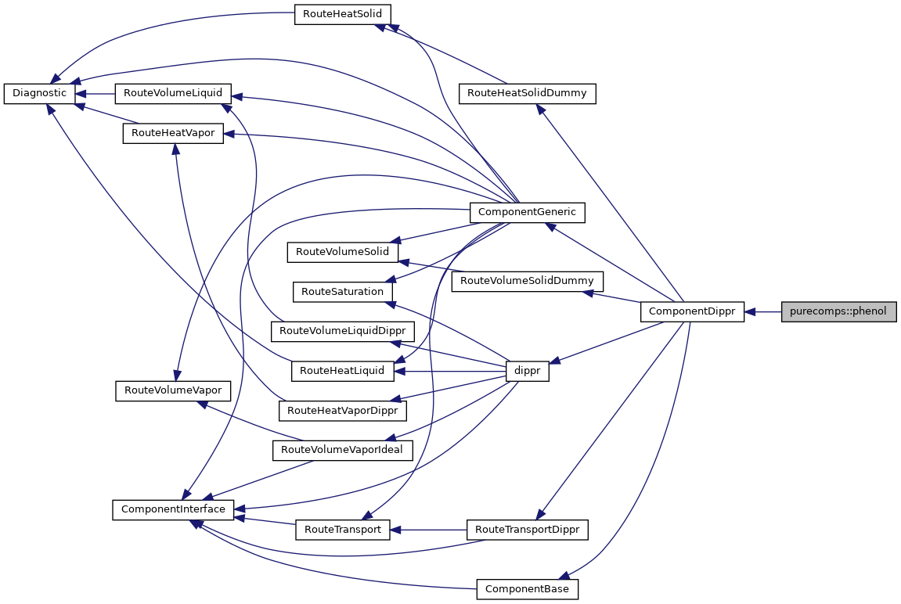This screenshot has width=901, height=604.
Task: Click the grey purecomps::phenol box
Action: point(838,311)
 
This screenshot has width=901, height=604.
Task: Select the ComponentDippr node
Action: point(692,311)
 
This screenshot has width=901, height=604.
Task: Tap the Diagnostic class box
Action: point(39,93)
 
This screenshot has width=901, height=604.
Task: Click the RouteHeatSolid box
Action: point(342,15)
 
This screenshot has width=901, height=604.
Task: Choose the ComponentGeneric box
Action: point(526,211)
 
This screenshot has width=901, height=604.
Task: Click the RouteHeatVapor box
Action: point(173,133)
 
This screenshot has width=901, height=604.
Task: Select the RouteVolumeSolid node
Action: point(343,252)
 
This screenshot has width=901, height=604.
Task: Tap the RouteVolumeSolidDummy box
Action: point(527,280)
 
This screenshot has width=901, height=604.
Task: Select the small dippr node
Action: point(528,372)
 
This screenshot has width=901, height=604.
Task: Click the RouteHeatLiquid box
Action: point(342,371)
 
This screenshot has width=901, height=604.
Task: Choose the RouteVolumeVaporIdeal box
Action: point(341,450)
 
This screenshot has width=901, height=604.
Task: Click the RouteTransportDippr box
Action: point(527,530)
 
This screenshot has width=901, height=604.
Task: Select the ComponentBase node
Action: point(527,588)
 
